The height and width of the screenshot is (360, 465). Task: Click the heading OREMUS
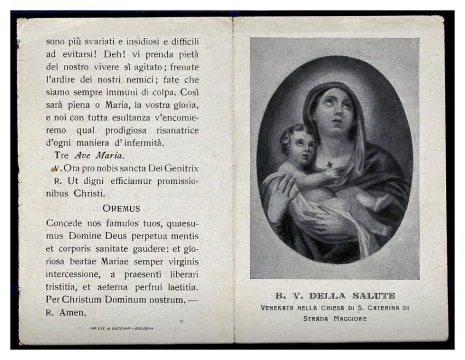pos(122,208)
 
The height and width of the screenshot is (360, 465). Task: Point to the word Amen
pos(73,313)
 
